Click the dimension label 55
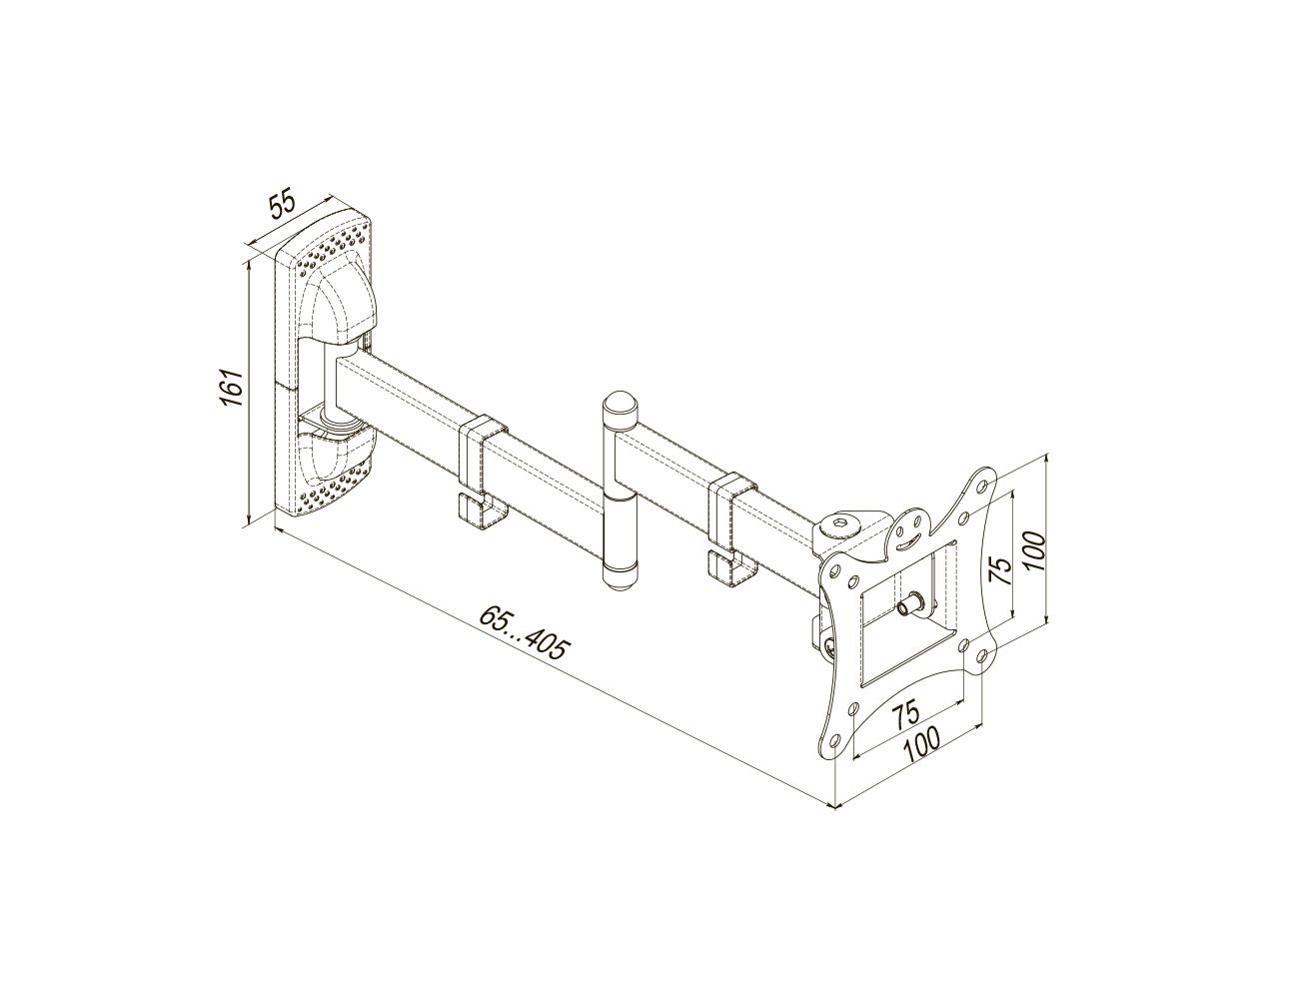[x=282, y=205]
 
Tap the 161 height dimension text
[x=232, y=388]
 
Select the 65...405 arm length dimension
[x=525, y=632]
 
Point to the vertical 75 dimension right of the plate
[x=1000, y=570]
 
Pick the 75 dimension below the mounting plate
[x=908, y=712]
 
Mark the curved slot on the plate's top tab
[x=908, y=541]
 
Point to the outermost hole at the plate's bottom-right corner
[x=981, y=655]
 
